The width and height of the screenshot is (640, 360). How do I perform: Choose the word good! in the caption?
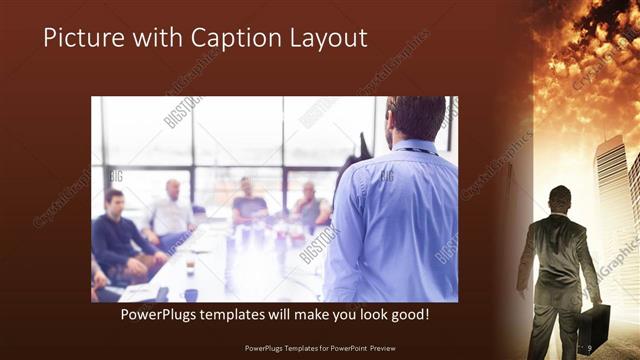click(x=407, y=315)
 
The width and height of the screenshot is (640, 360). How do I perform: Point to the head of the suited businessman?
click(x=560, y=196)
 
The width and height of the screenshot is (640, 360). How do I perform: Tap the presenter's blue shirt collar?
click(x=410, y=148)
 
